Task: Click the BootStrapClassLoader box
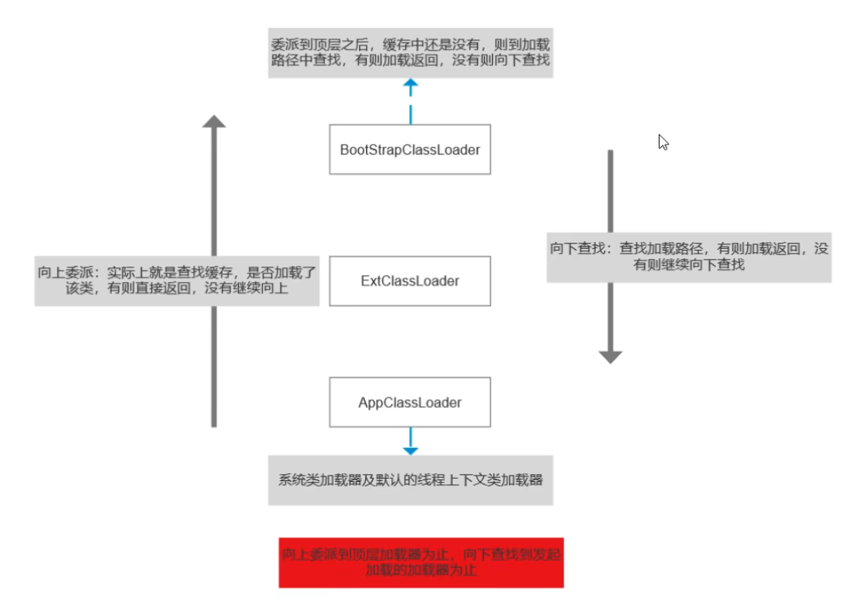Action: pos(410,149)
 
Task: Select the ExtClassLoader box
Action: pos(410,280)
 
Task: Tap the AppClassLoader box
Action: pos(410,402)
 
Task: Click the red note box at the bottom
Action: pos(420,563)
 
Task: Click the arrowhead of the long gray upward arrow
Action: pos(214,122)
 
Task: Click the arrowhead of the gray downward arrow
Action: pos(610,355)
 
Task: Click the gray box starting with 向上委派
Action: pos(176,280)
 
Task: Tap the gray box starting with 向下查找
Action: pos(689,257)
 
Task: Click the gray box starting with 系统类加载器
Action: pos(410,480)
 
